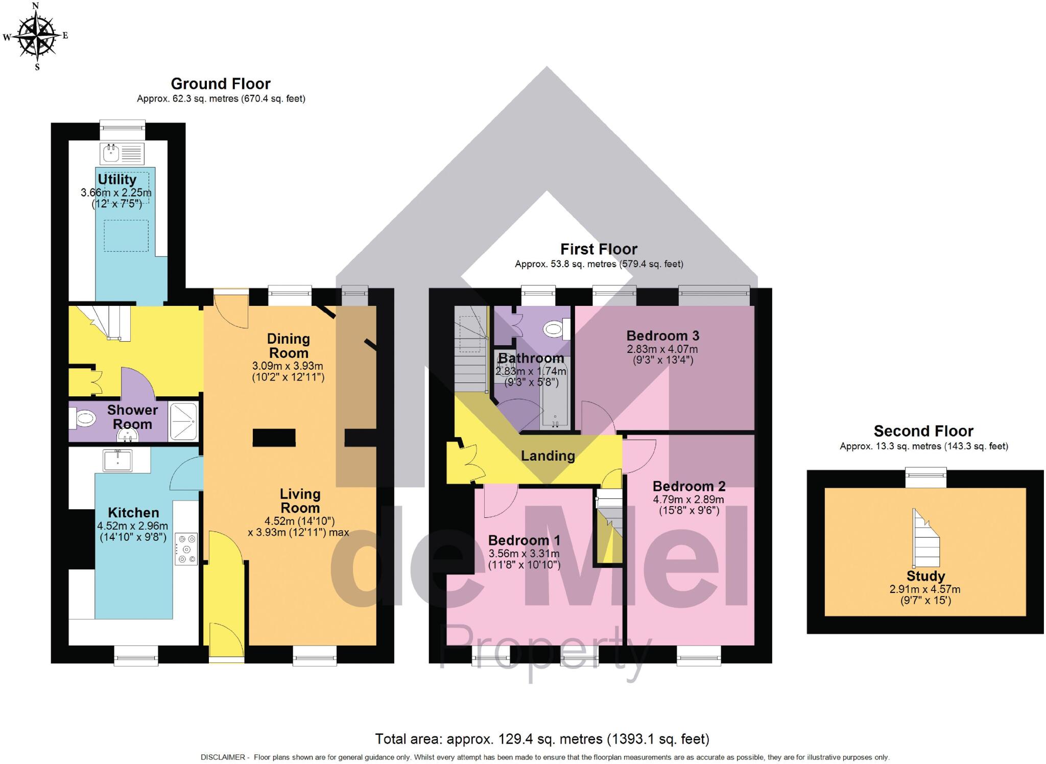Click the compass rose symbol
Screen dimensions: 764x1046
35,36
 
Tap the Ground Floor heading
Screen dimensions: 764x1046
220,83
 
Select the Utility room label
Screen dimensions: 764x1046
117,180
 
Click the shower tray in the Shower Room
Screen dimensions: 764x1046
183,422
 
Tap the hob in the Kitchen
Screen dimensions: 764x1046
186,549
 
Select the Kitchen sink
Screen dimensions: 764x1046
117,460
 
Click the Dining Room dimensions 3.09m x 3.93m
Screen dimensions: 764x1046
288,366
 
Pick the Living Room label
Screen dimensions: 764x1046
300,501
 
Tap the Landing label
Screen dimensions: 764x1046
548,456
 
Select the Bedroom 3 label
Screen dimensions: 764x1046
662,336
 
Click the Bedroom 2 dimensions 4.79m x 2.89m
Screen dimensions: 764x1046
688,499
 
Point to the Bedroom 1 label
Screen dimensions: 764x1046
524,540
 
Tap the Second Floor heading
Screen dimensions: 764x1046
923,431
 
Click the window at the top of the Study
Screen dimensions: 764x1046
925,478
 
